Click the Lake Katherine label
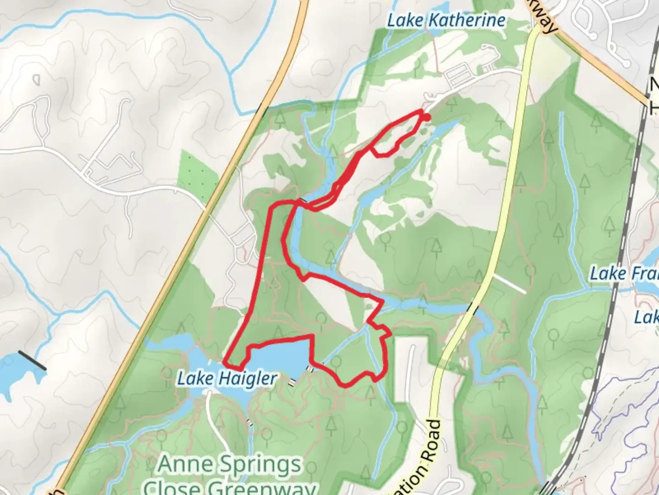tap(446, 21)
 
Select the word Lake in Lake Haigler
tap(195, 379)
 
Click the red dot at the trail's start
tap(427, 118)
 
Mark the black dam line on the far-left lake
tap(32, 361)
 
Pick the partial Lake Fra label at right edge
tap(624, 274)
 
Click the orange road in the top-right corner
tap(604, 69)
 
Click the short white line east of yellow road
tap(509, 284)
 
